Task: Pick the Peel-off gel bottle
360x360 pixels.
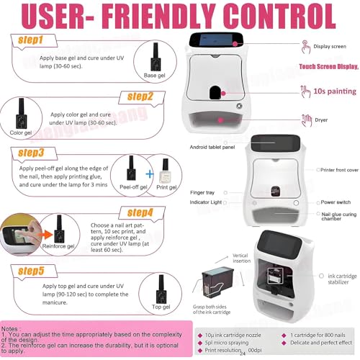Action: pos(133,170)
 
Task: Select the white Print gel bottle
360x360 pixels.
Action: pos(164,171)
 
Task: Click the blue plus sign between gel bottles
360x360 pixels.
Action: pos(149,172)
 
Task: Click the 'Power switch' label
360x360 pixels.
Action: pos(335,202)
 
